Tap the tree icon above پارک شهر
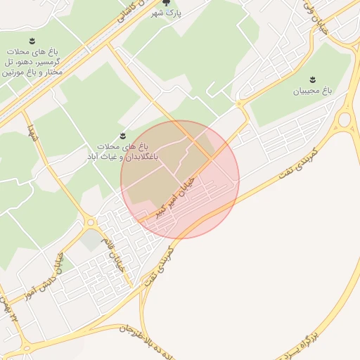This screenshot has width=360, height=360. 166,4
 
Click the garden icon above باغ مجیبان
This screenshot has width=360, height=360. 313,78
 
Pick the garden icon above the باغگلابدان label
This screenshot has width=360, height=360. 123,135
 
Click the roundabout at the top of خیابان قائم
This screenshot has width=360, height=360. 91,223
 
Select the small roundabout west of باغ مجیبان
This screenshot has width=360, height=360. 240,103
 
